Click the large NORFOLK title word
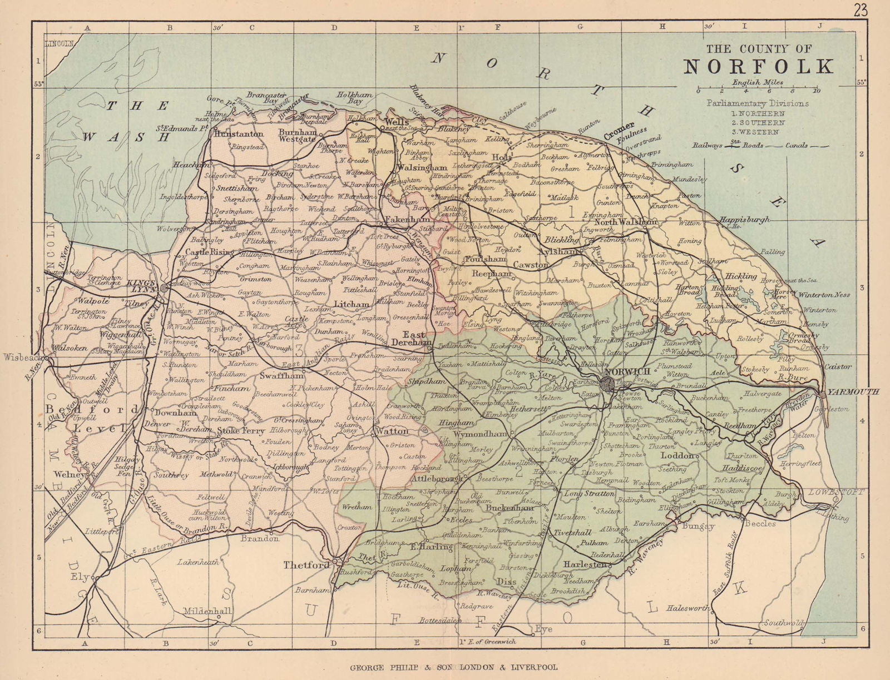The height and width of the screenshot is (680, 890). coord(759,66)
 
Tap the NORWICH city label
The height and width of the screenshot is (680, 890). coord(627,371)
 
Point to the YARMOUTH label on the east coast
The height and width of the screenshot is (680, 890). coord(853,392)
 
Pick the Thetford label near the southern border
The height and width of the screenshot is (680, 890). coord(306,565)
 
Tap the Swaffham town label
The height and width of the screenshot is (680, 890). coord(282,375)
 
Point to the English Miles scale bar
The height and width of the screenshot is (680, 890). coord(757,88)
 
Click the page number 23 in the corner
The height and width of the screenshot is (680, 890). coord(860,10)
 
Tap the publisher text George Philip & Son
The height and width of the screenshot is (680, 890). coord(453,667)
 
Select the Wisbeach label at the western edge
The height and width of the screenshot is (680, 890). coord(22,358)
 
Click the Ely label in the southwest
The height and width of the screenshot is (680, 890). coord(80,577)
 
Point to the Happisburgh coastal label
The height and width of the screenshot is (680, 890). coord(744,219)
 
